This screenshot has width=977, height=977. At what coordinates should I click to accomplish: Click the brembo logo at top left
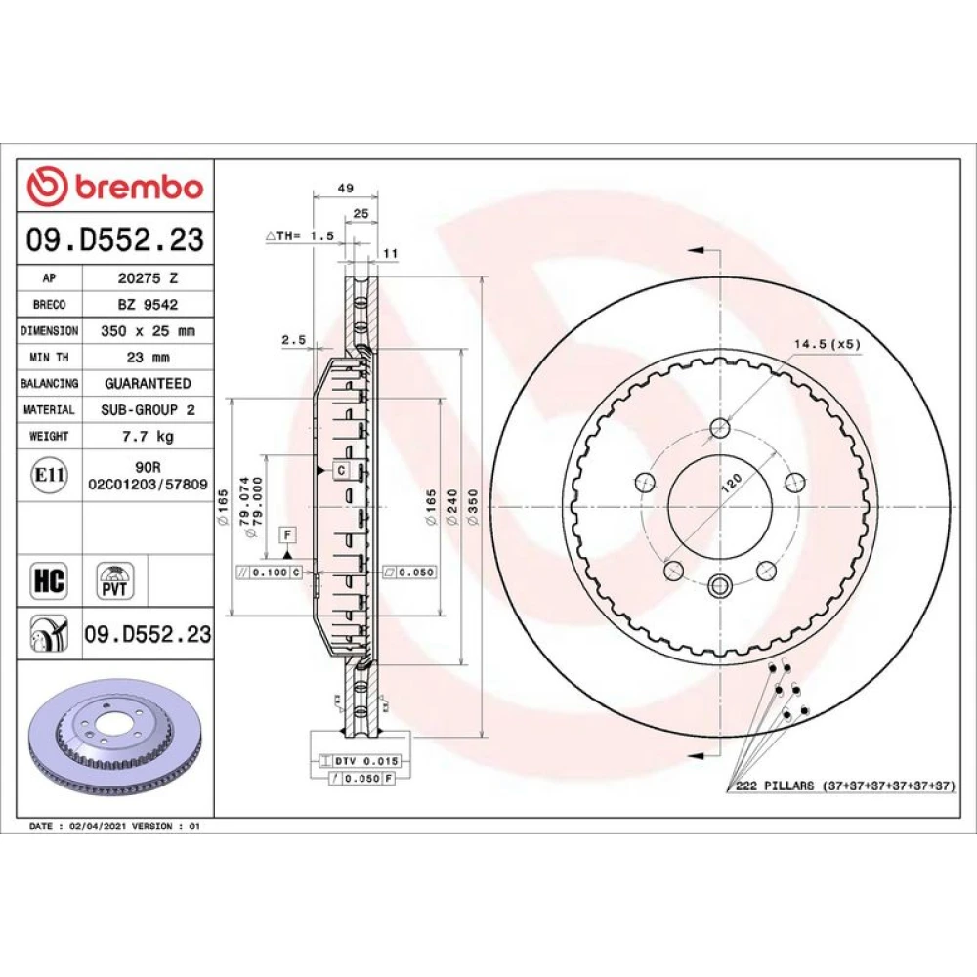pos(115,187)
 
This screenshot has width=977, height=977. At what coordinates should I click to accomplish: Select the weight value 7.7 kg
pos(148,436)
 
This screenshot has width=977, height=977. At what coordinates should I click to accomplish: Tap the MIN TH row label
pos(49,357)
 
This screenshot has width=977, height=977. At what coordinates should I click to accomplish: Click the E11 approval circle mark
pos(49,475)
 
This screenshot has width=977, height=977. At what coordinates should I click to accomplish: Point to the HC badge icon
pos(49,580)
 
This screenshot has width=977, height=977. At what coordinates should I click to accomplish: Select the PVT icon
pos(115,580)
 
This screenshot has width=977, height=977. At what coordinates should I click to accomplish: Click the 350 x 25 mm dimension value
pos(148,331)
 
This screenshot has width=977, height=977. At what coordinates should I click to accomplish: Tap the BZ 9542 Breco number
pos(148,305)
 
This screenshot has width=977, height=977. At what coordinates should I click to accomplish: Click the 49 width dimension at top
pos(345,188)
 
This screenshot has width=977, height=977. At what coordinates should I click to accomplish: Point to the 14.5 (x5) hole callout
pos(827,344)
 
